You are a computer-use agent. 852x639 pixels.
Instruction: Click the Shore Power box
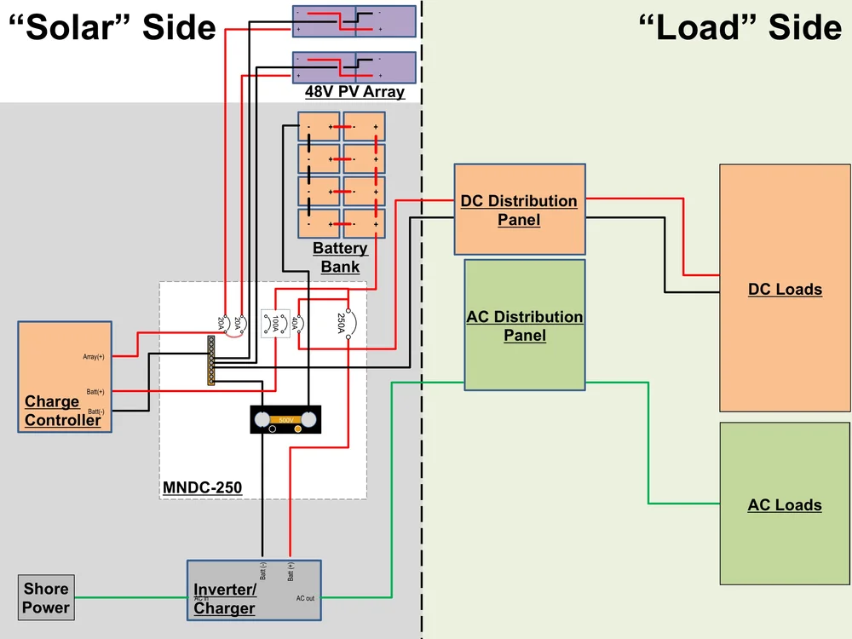46,597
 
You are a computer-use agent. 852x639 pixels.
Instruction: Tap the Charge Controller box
65,377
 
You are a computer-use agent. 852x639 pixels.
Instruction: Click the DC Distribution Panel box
519,210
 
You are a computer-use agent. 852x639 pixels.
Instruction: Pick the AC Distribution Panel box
525,325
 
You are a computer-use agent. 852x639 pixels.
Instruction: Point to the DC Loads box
785,289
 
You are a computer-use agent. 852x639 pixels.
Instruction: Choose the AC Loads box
785,504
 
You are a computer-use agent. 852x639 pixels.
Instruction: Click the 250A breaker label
341,323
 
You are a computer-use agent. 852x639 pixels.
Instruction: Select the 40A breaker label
296,324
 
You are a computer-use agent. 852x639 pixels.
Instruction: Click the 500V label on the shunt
285,420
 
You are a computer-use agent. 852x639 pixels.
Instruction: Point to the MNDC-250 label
202,488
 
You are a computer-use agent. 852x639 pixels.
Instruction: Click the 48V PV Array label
354,92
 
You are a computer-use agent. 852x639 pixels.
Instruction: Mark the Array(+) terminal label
94,357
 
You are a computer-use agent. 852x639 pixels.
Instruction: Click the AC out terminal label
305,598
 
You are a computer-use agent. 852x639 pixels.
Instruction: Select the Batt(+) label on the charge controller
95,392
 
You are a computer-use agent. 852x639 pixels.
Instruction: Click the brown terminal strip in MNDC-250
210,360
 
